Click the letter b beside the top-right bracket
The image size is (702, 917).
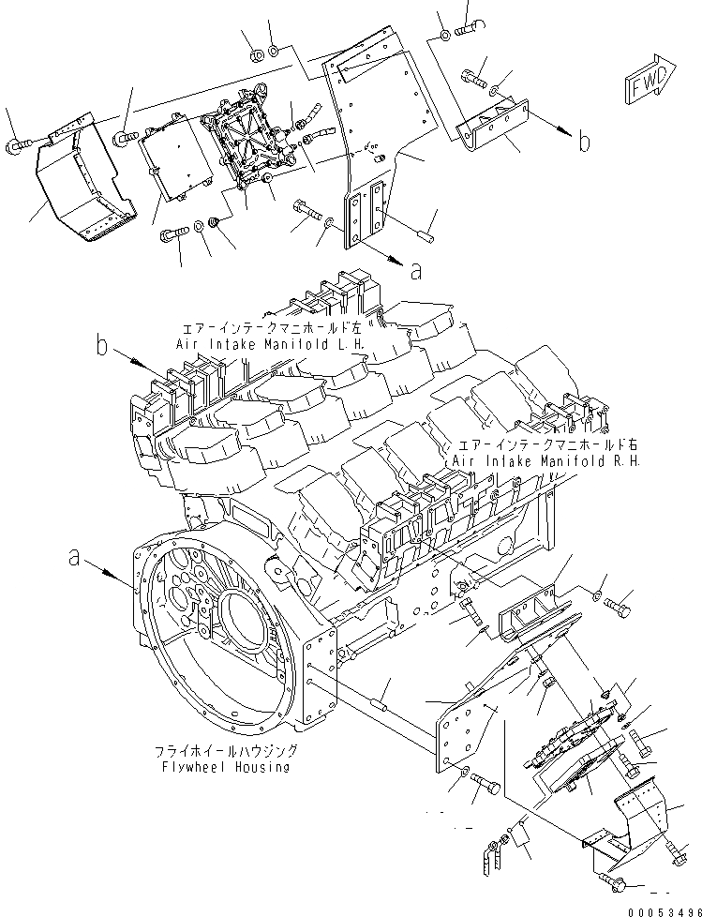coord(584,142)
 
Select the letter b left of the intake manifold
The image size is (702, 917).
coord(102,346)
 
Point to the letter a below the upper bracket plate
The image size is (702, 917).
coord(416,271)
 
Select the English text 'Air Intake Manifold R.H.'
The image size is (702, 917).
coord(546,462)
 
